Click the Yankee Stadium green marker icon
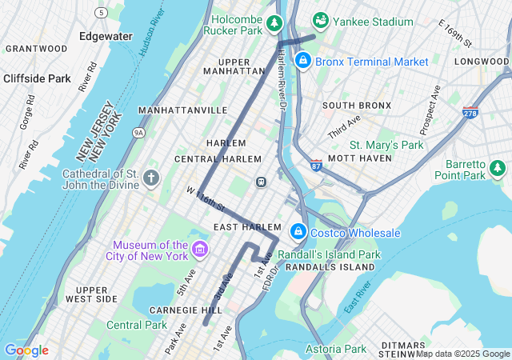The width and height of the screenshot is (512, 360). (321, 19)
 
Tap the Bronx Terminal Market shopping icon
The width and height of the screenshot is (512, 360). (303, 60)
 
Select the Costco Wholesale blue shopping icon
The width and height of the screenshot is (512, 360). (298, 231)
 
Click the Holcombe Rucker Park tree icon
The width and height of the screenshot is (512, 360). (275, 23)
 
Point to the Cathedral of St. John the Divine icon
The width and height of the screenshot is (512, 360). (152, 178)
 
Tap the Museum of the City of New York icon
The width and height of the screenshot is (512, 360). (198, 250)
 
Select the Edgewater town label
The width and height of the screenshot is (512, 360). (106, 36)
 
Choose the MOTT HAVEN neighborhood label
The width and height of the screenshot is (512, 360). (358, 158)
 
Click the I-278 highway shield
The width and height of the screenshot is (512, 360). (471, 114)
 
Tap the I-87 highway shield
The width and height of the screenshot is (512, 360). (316, 165)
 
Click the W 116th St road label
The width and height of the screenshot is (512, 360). (206, 200)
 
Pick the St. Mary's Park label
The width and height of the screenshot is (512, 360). (386, 145)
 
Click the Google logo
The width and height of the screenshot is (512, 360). (26, 350)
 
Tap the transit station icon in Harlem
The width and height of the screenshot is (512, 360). (261, 182)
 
